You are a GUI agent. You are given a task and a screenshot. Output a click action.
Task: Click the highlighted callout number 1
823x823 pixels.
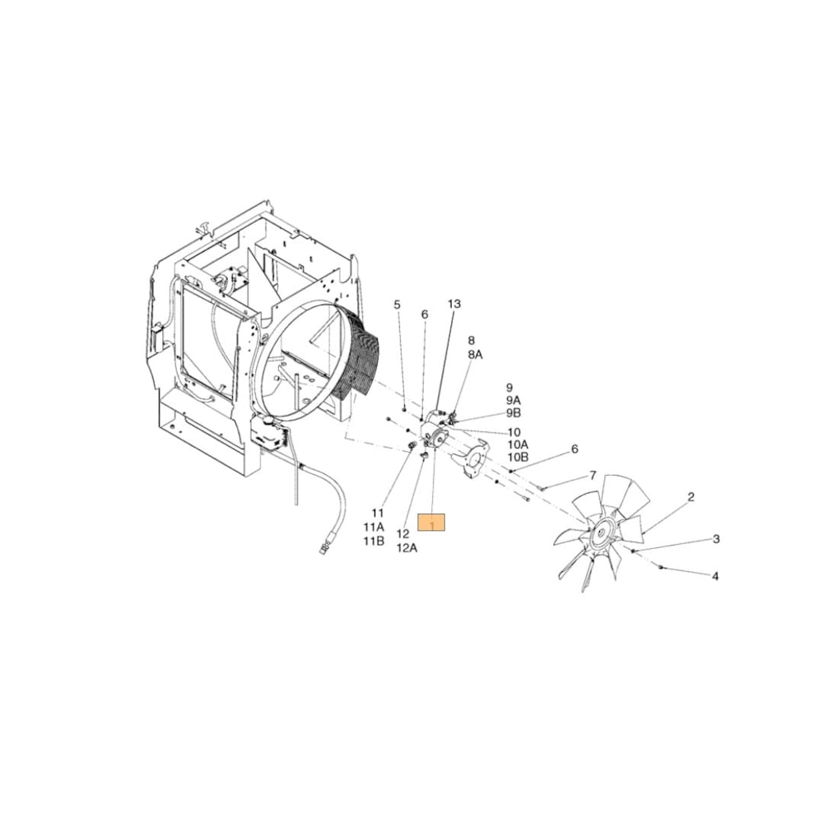click(431, 523)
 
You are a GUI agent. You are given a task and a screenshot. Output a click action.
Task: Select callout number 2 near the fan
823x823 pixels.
click(690, 496)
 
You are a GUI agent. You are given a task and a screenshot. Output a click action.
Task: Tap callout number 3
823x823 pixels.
click(716, 539)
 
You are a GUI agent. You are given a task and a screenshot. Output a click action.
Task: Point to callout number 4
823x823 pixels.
click(715, 576)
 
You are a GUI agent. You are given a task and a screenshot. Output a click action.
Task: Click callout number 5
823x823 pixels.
click(397, 305)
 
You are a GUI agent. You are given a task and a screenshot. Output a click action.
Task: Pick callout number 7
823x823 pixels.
click(592, 476)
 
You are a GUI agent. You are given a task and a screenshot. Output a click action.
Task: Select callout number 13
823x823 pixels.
click(454, 304)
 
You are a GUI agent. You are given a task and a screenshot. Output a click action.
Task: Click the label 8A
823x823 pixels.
click(475, 353)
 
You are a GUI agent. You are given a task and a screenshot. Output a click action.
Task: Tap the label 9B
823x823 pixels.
click(514, 412)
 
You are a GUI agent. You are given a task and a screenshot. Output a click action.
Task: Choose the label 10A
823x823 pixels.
click(518, 444)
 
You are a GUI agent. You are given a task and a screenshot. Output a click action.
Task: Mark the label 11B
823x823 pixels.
click(374, 541)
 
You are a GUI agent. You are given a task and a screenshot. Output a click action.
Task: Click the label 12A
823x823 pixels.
click(407, 547)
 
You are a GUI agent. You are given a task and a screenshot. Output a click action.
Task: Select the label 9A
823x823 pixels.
click(514, 400)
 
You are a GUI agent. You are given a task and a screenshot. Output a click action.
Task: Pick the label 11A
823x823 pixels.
click(374, 527)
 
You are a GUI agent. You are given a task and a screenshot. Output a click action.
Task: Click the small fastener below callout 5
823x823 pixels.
click(404, 409)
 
